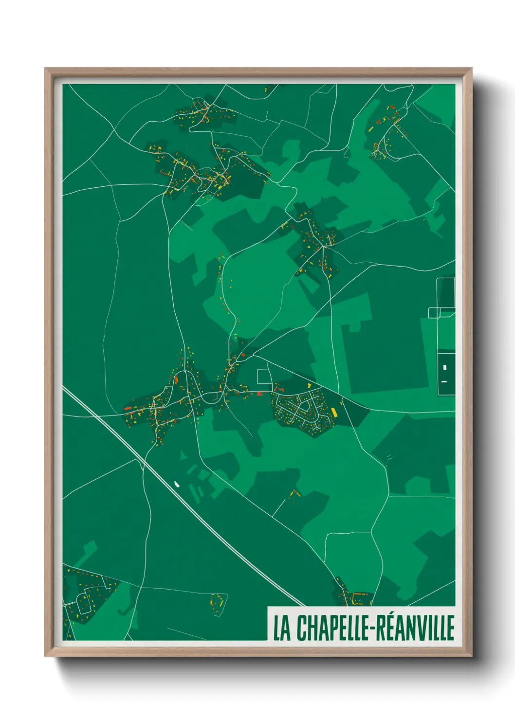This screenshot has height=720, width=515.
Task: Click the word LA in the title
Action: [x=281, y=628]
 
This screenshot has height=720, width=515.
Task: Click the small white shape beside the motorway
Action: [x=176, y=484]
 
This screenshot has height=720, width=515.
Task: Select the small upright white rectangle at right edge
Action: [x=445, y=367]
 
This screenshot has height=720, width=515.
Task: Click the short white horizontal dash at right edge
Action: [x=444, y=381]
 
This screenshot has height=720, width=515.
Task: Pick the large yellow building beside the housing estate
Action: [x=334, y=412]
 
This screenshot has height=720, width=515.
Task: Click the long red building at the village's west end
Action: [x=128, y=408]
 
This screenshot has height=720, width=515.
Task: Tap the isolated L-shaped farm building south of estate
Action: [x=294, y=493]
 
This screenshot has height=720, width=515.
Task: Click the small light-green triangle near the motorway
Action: [x=183, y=455]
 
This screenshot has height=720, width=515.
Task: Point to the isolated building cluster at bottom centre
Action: [x=218, y=600]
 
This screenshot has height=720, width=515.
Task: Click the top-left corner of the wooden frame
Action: [x=46, y=69]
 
